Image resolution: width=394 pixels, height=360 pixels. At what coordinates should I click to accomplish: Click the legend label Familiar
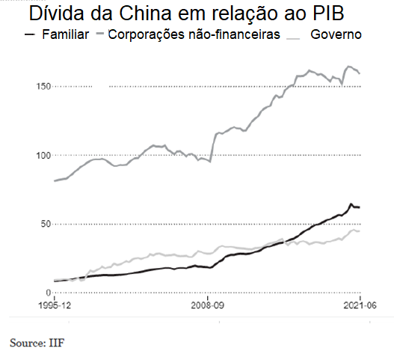[x=66, y=34]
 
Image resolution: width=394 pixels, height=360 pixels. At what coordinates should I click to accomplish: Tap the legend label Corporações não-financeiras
[x=194, y=34]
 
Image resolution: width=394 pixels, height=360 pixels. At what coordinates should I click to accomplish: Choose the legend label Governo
[x=336, y=34]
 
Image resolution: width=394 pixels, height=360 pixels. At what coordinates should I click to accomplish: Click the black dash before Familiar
[x=31, y=34]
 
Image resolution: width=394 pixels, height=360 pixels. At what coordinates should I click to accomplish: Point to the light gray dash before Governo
[x=298, y=34]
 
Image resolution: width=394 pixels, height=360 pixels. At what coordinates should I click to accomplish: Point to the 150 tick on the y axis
[x=44, y=87]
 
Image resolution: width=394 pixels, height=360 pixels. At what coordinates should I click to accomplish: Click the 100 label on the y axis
[x=44, y=155]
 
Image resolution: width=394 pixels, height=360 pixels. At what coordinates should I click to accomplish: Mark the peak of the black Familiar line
[x=351, y=204]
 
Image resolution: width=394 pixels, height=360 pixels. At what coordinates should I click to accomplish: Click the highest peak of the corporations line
[x=349, y=67]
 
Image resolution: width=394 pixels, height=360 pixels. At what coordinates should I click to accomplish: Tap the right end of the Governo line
[x=360, y=231]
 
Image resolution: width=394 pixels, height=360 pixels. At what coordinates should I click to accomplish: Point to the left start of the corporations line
[x=55, y=181]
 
